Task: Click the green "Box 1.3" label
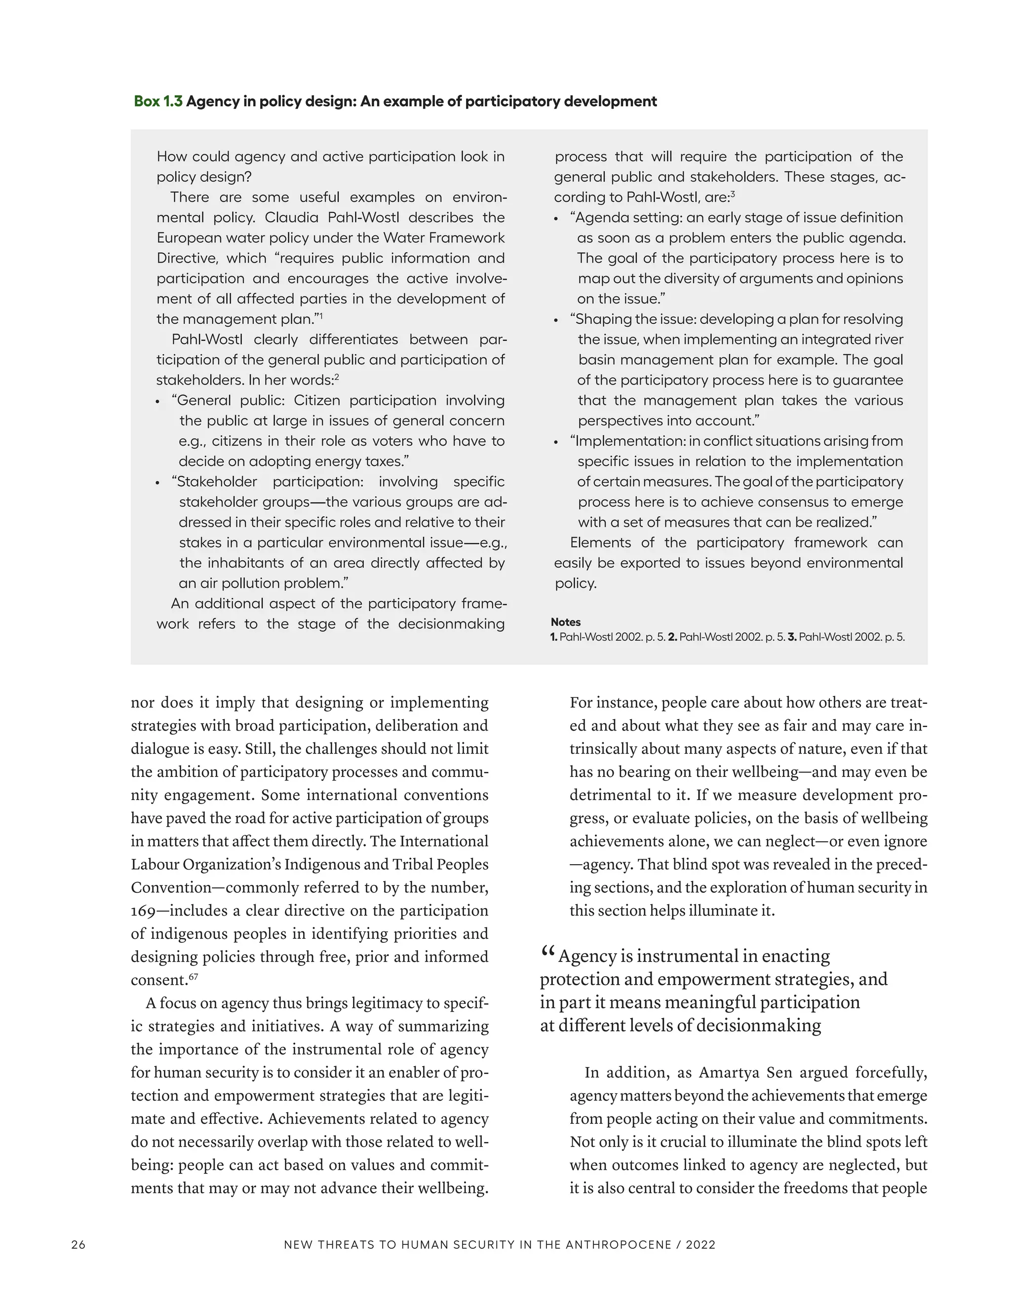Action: [x=158, y=101]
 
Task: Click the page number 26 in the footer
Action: [x=78, y=1244]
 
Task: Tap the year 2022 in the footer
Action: [x=701, y=1244]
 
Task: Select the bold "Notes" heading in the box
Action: [x=565, y=622]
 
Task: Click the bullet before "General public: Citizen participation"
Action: [x=158, y=402]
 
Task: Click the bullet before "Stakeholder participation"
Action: [x=158, y=483]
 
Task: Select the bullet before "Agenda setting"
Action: [x=556, y=219]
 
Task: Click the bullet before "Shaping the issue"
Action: [x=556, y=321]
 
